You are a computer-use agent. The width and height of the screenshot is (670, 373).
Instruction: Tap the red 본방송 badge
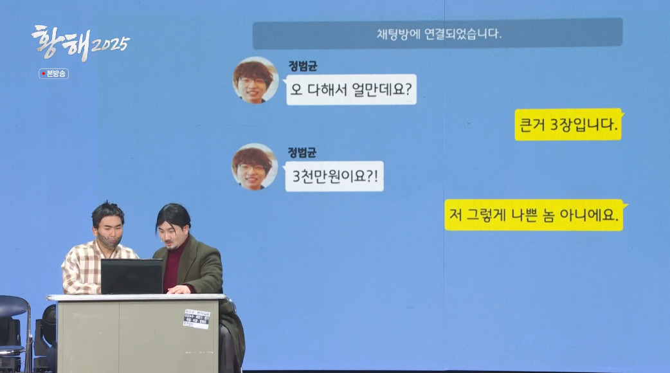[x=53, y=73]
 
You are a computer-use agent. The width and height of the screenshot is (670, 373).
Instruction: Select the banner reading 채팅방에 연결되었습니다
[x=437, y=34]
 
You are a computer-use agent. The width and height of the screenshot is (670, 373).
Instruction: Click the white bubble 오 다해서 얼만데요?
[x=351, y=90]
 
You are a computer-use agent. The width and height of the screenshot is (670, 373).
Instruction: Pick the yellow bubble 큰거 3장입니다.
[x=568, y=125]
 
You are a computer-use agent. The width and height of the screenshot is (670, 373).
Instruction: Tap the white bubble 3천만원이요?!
[x=334, y=176]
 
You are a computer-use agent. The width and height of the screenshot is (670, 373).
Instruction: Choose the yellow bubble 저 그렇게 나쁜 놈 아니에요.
[x=534, y=215]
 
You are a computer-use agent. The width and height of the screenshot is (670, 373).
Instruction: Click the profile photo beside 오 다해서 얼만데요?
[x=255, y=80]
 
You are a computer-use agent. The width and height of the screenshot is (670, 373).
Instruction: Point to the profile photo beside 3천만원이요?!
[x=255, y=167]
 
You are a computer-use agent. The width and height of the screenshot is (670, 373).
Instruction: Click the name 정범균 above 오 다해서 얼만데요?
[x=302, y=66]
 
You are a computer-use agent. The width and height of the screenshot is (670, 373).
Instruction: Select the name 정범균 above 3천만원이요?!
[x=302, y=152]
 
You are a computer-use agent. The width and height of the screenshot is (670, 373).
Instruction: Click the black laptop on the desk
[x=132, y=277]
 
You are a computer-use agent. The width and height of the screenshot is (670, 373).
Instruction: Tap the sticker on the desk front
[x=196, y=318]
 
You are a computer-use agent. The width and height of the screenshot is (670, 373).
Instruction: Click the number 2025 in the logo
[x=110, y=45]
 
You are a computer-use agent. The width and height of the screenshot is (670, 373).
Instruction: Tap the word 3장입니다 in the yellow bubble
[x=589, y=125]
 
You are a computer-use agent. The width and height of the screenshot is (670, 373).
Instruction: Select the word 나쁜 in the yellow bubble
[x=544, y=215]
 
